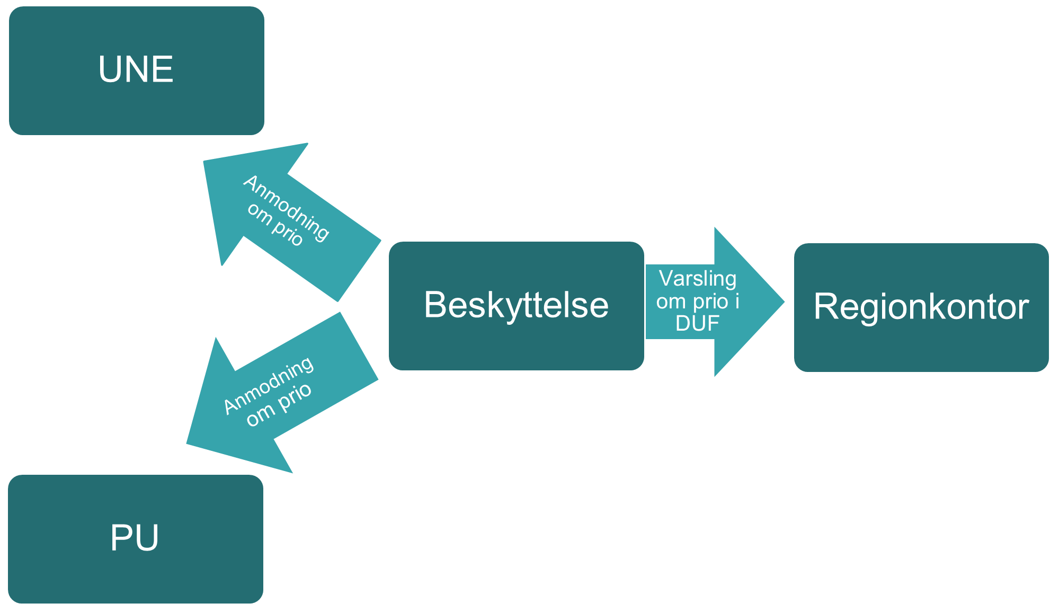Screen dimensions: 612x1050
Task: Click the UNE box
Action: [136, 70]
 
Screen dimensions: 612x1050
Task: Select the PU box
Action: [135, 538]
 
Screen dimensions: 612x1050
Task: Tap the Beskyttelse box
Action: [516, 306]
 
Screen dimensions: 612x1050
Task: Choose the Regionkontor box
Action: [921, 307]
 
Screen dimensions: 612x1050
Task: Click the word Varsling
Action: [697, 279]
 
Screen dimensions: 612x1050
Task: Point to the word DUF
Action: [697, 323]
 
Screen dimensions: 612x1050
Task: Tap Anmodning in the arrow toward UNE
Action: [287, 207]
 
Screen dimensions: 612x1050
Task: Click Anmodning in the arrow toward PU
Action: [268, 385]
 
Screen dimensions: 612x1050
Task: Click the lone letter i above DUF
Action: [737, 301]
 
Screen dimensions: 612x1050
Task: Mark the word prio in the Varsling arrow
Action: [710, 301]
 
